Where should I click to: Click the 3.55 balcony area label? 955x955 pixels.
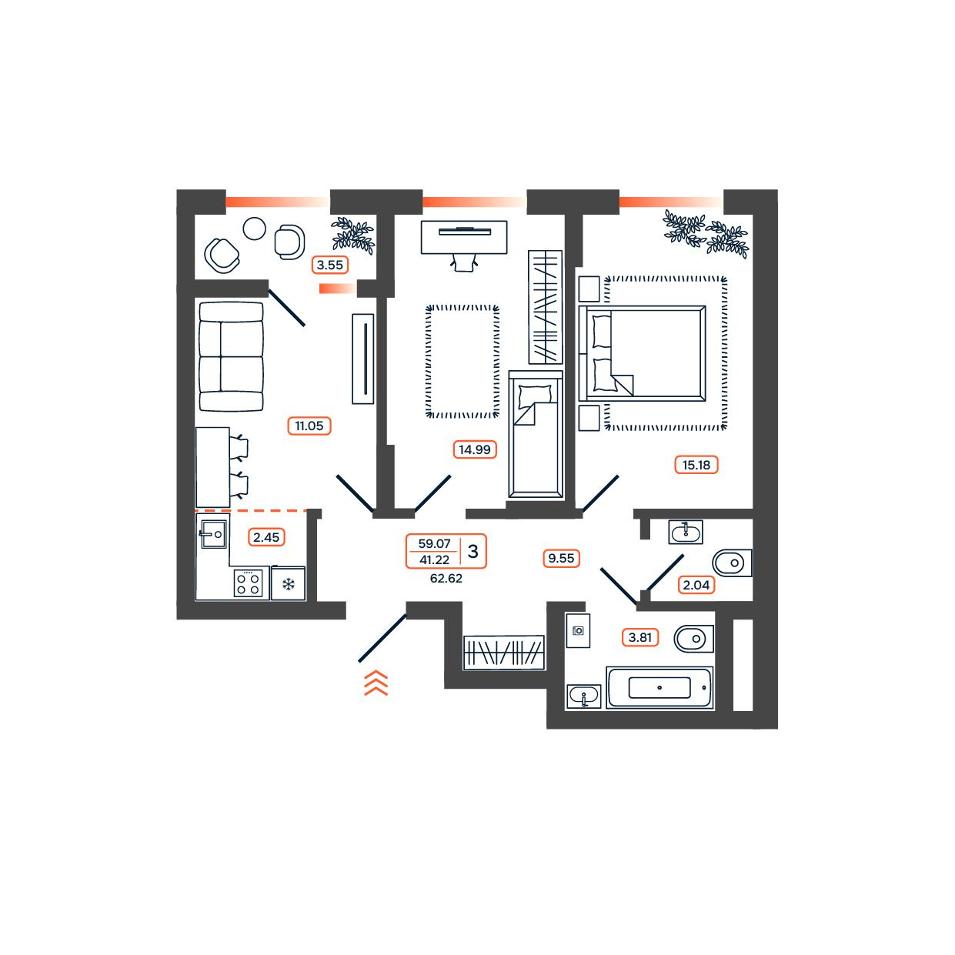329,265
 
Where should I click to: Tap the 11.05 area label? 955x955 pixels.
309,426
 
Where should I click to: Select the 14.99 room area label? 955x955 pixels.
474,449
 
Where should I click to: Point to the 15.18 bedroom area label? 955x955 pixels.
696,465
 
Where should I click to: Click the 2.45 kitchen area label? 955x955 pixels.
266,536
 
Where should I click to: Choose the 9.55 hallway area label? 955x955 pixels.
561,558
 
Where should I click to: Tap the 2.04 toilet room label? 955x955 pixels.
696,585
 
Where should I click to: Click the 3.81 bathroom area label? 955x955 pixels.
639,637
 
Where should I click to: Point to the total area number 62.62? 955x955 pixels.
446,579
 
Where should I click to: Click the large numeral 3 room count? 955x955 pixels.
472,551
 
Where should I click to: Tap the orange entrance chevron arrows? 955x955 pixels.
376,683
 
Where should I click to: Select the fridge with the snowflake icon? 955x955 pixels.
288,583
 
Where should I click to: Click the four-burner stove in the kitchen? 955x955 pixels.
248,583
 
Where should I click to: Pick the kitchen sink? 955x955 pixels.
214,534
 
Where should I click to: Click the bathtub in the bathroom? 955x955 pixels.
659,687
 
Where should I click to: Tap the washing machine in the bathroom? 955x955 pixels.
578,630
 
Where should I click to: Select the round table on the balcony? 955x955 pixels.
254,229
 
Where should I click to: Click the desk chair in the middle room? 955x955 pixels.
464,262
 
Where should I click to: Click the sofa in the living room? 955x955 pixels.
231,356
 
